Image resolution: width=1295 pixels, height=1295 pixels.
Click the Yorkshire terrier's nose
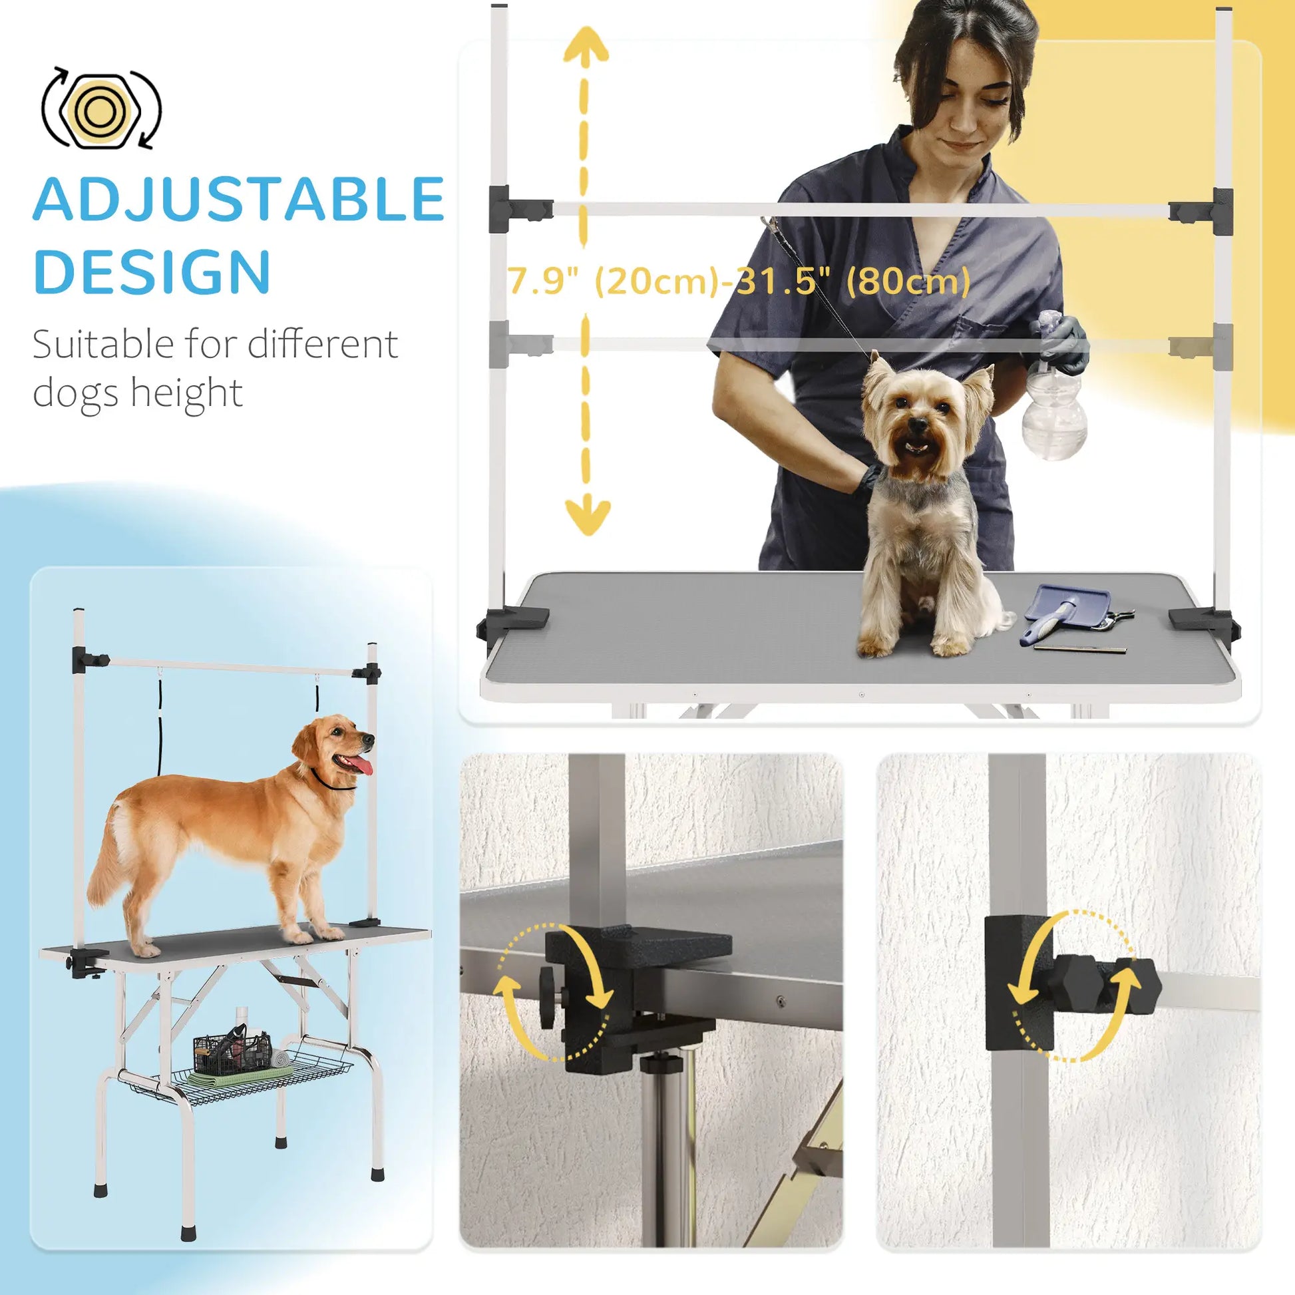point(918,424)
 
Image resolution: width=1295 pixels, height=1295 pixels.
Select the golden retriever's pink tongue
point(362,764)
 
